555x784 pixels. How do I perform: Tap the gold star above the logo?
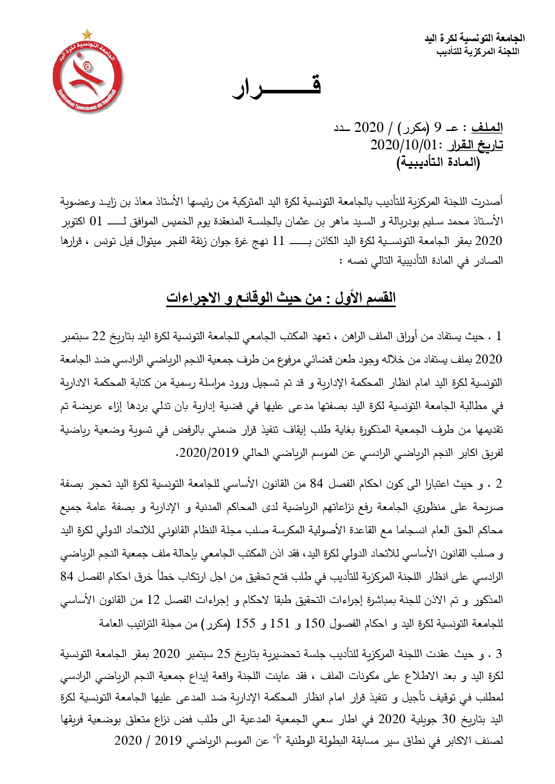point(87,34)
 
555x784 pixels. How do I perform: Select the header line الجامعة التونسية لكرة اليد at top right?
point(474,38)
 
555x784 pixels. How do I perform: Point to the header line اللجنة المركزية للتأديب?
point(478,51)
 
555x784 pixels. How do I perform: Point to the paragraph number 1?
point(499,336)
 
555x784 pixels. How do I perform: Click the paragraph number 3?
point(499,654)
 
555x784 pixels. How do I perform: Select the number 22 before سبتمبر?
point(98,336)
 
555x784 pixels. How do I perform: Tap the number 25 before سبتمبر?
point(223,654)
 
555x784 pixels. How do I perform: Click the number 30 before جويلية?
point(448,719)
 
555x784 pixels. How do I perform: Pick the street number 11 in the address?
point(278,241)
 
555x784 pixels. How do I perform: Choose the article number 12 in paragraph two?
point(154,600)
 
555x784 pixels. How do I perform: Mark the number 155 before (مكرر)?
point(245,623)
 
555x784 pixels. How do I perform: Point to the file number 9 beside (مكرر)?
point(437,128)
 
